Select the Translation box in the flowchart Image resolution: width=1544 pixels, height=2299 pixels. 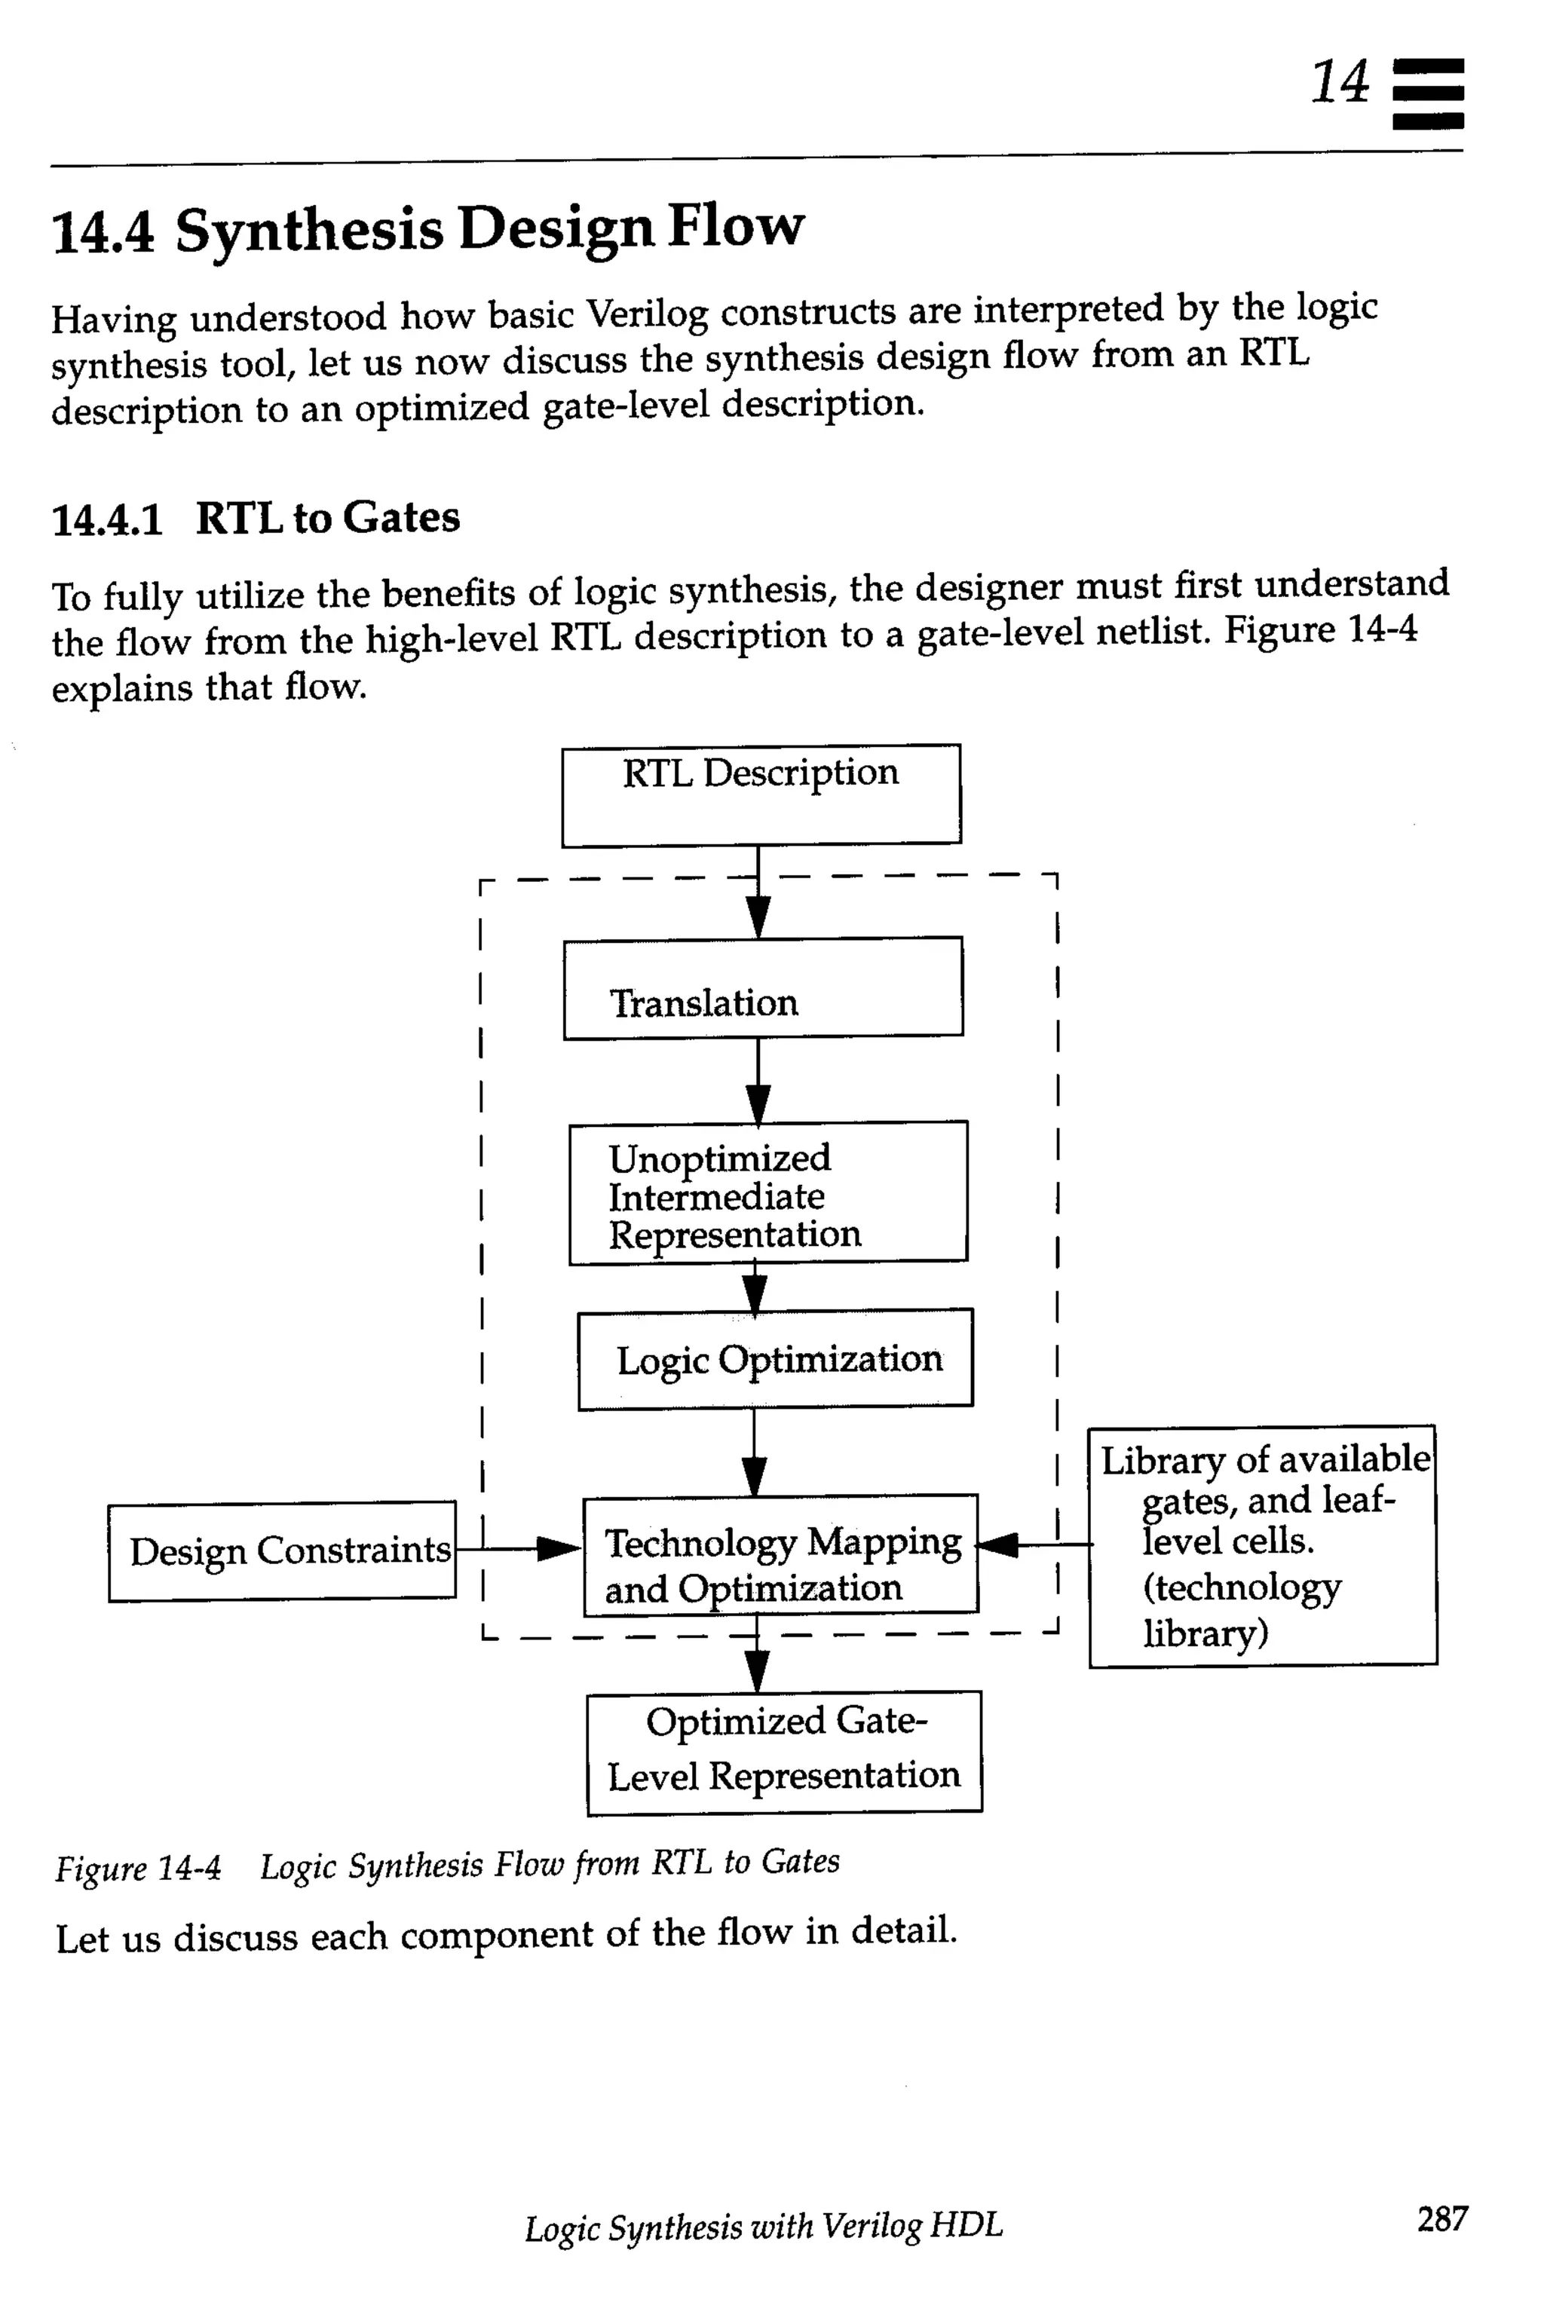(x=762, y=987)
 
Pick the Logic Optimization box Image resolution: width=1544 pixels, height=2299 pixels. (x=775, y=1359)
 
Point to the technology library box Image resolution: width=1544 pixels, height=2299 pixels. (x=1261, y=1546)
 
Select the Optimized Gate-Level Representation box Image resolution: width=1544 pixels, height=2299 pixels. (x=784, y=1752)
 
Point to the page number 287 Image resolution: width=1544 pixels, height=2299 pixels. (x=1441, y=2218)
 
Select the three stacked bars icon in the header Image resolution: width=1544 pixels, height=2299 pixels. (x=1428, y=94)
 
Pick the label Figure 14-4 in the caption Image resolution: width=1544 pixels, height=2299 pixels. (x=138, y=1867)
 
